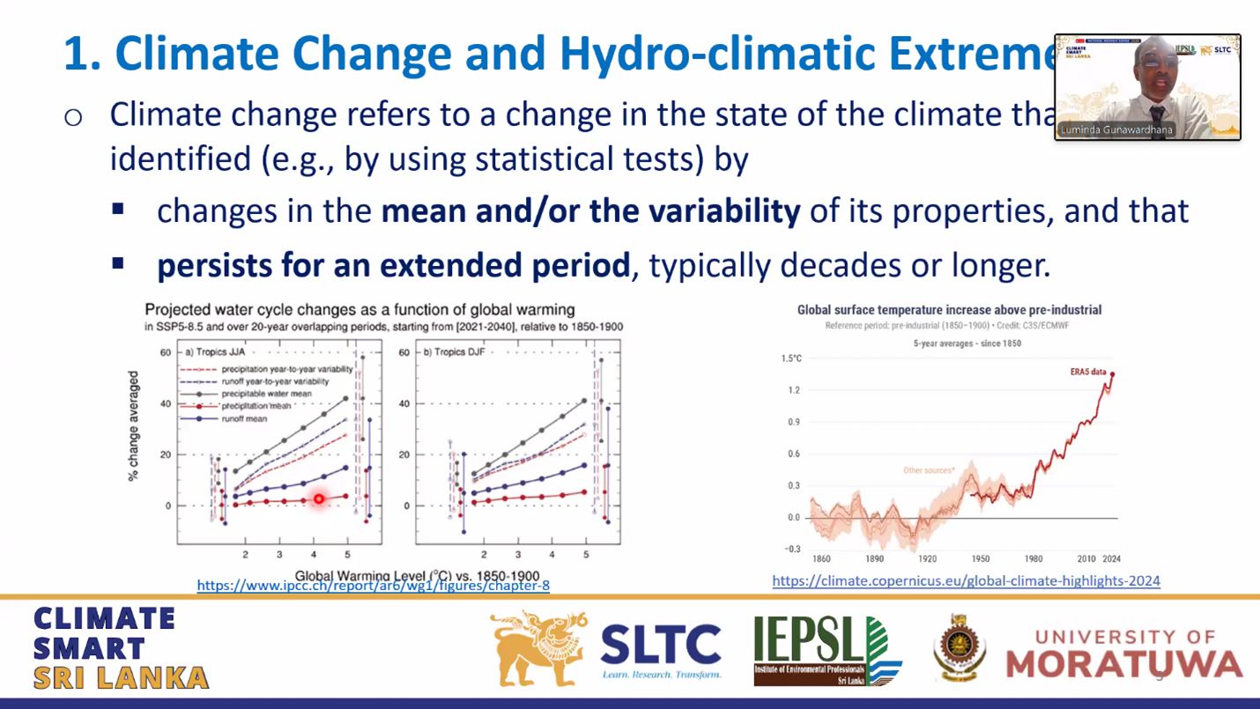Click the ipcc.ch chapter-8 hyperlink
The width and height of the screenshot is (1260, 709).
pyautogui.click(x=373, y=586)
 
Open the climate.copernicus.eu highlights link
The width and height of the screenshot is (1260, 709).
pyautogui.click(x=966, y=581)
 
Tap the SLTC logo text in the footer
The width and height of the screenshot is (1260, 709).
pyautogui.click(x=660, y=645)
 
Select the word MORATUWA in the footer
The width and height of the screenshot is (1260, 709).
pyautogui.click(x=1123, y=664)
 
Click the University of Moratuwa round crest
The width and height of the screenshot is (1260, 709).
pyautogui.click(x=960, y=648)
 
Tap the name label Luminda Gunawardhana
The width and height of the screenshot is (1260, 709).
pyautogui.click(x=1116, y=129)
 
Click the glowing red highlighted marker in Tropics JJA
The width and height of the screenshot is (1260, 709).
pyautogui.click(x=319, y=499)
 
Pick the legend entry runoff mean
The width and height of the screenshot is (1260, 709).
pyautogui.click(x=246, y=419)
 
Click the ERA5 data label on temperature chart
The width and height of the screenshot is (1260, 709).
pyautogui.click(x=1087, y=373)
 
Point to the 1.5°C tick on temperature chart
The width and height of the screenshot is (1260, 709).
pyautogui.click(x=791, y=358)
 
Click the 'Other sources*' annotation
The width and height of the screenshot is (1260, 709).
pyautogui.click(x=928, y=470)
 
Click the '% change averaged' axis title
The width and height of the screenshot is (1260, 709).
pyautogui.click(x=134, y=425)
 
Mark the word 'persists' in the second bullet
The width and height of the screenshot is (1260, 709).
pyautogui.click(x=213, y=265)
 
